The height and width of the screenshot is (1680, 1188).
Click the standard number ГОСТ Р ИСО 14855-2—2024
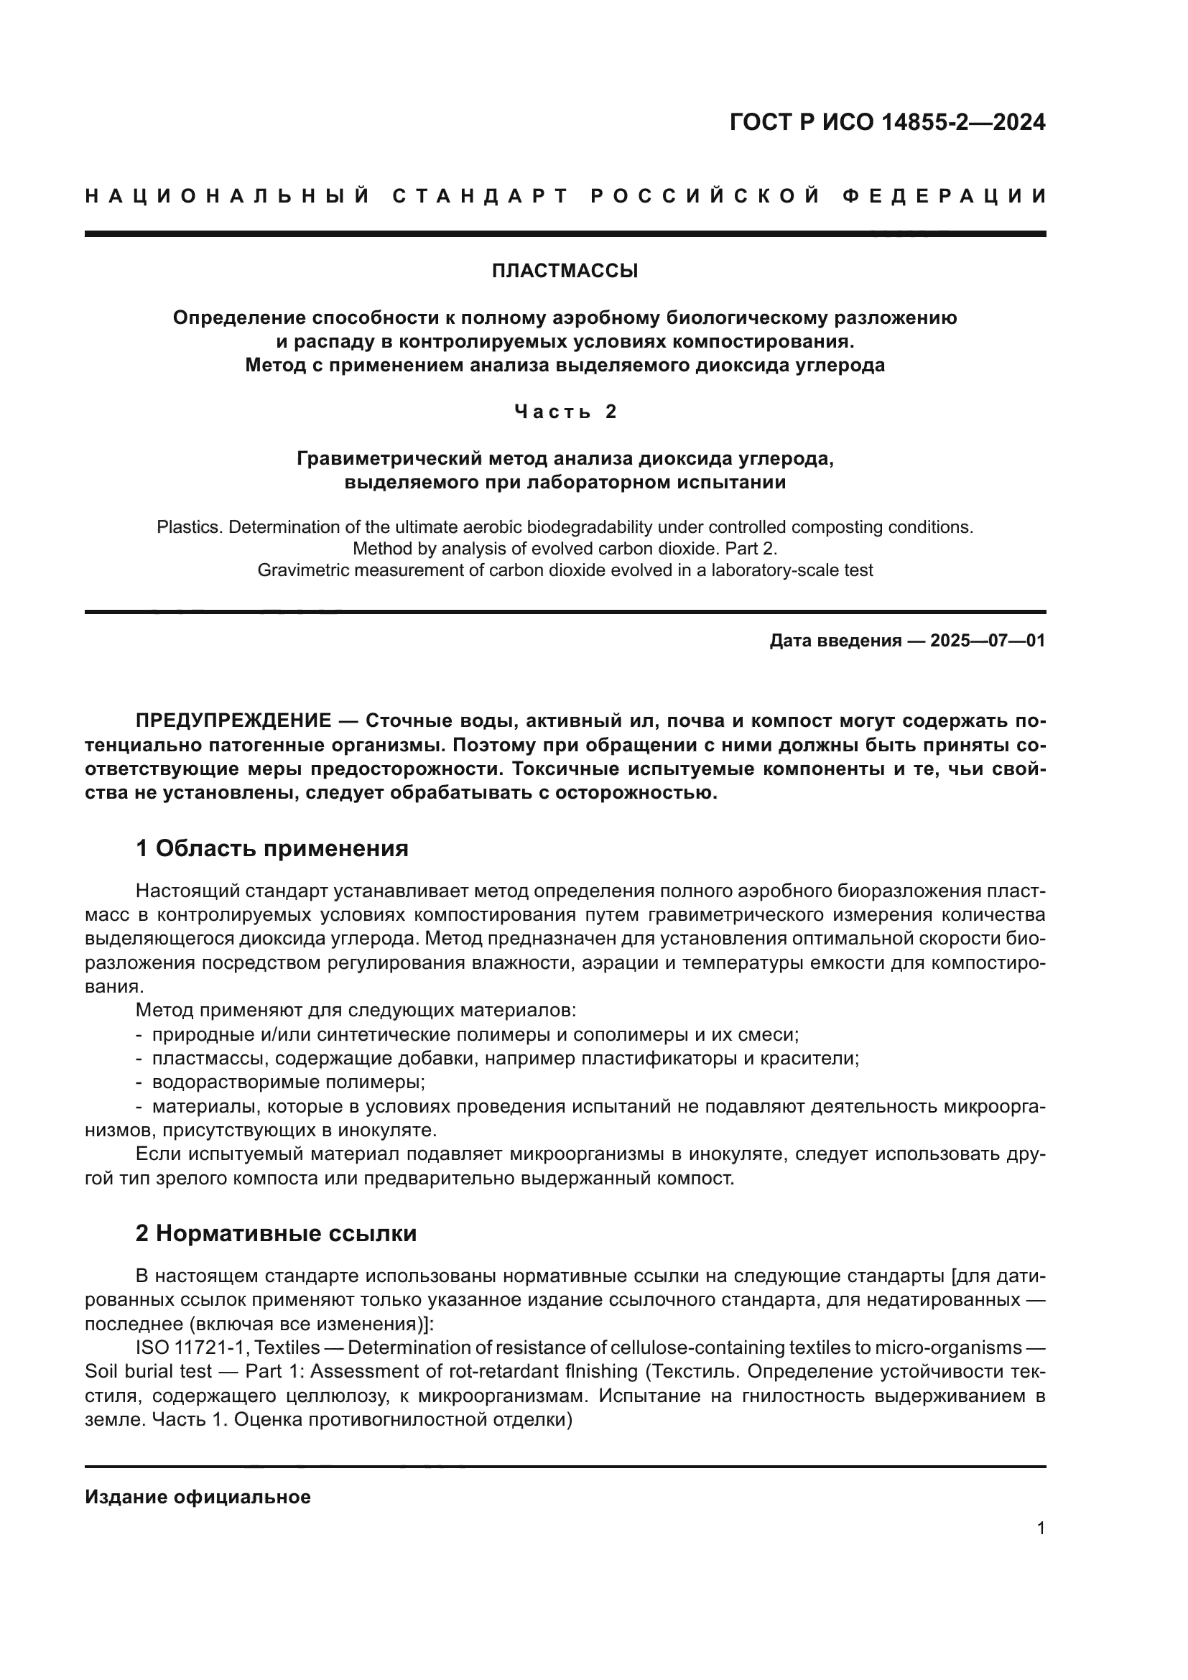[886, 122]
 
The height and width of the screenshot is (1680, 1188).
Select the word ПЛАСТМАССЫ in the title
[564, 272]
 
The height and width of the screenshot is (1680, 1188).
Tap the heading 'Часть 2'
[565, 412]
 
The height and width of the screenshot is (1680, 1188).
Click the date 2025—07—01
[987, 641]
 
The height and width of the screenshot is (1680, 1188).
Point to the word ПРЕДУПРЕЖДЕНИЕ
[233, 720]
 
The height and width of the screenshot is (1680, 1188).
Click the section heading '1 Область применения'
[272, 849]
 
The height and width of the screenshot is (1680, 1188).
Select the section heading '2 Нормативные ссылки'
[276, 1234]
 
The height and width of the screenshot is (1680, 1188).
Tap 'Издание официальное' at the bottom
[198, 1497]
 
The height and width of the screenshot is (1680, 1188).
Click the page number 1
[1040, 1528]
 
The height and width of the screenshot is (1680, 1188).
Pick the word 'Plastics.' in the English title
[189, 528]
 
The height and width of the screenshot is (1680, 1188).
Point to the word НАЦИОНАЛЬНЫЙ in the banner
[228, 196]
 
